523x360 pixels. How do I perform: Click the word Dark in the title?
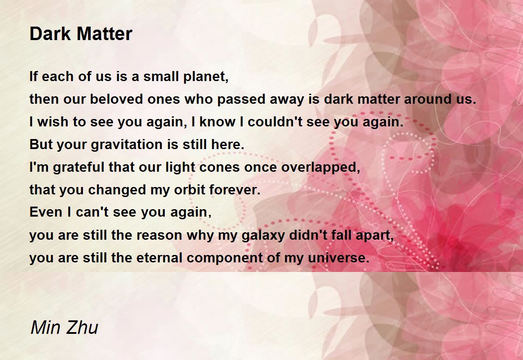click(50, 34)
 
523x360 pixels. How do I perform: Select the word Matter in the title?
click(105, 34)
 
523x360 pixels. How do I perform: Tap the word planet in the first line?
click(206, 77)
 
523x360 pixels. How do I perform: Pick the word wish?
click(53, 122)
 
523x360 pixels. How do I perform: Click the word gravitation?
click(126, 145)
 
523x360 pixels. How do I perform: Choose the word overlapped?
click(321, 167)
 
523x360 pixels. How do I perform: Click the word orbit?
click(190, 190)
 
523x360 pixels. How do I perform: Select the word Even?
click(46, 212)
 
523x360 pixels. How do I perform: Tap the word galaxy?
click(263, 235)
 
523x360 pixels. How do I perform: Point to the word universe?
click(339, 258)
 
